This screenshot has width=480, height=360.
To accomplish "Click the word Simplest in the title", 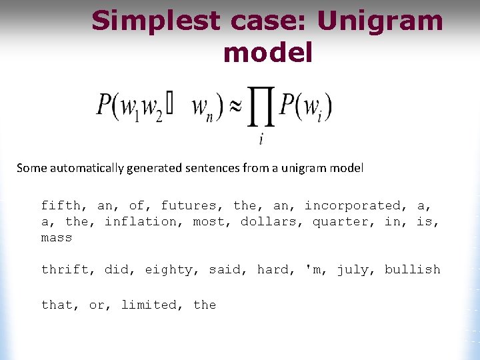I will pyautogui.click(x=155, y=21).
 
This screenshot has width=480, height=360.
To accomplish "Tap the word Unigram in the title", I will pyautogui.click(x=381, y=21).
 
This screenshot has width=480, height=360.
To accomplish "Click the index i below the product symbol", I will pyautogui.click(x=261, y=139).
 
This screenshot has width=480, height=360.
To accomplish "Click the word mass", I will pyautogui.click(x=57, y=238).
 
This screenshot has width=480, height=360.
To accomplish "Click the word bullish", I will pyautogui.click(x=412, y=269).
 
